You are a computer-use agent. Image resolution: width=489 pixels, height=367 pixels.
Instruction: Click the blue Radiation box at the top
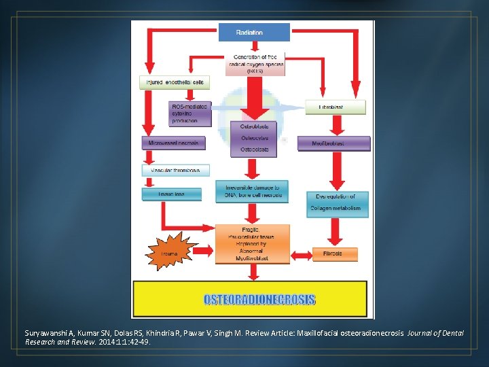[253, 32]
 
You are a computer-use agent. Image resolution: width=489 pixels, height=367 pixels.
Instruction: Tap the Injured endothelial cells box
[173, 82]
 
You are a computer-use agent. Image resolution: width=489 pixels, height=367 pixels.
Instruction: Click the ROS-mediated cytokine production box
[190, 113]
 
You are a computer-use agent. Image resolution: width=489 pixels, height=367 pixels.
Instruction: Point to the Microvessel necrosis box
[173, 143]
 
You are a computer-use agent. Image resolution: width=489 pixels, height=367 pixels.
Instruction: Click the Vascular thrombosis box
[175, 170]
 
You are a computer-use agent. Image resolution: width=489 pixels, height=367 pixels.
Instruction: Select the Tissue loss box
[172, 194]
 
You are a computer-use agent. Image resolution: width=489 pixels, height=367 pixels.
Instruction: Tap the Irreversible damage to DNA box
[252, 191]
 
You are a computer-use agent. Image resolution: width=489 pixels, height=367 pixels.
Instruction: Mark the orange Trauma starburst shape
[169, 253]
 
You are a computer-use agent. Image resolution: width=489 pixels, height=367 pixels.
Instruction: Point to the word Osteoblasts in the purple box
[254, 126]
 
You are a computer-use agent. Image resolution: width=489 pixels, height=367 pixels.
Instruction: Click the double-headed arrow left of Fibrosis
[301, 254]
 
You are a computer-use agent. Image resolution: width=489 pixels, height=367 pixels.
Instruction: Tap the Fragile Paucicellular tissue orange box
[252, 243]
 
